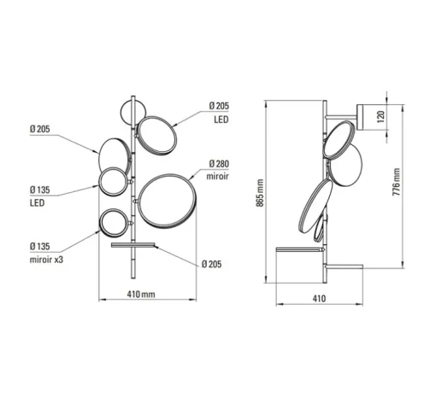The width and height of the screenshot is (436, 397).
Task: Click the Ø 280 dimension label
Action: point(219,164)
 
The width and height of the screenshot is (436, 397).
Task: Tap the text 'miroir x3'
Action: point(46,260)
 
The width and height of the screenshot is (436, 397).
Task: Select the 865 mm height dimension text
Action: point(260,193)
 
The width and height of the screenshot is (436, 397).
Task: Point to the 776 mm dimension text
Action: point(396,182)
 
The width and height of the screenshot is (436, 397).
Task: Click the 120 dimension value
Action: point(380,116)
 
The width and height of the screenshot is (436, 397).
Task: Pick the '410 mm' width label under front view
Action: point(141,294)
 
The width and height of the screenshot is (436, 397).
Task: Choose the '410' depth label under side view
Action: point(319,299)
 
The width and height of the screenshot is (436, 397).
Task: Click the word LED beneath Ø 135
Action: point(37,203)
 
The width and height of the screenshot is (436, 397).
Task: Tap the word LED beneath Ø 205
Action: point(221,120)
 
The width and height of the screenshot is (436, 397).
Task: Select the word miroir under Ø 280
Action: point(217,177)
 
